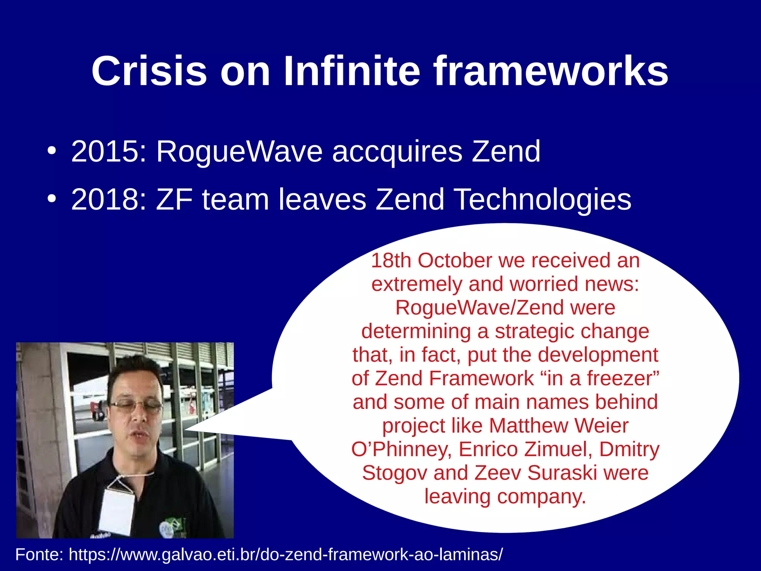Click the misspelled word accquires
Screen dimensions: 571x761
click(x=397, y=152)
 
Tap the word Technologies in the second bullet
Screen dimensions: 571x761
click(x=543, y=199)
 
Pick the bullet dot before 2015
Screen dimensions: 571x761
click(x=52, y=151)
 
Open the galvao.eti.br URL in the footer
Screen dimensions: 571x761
click(x=286, y=555)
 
